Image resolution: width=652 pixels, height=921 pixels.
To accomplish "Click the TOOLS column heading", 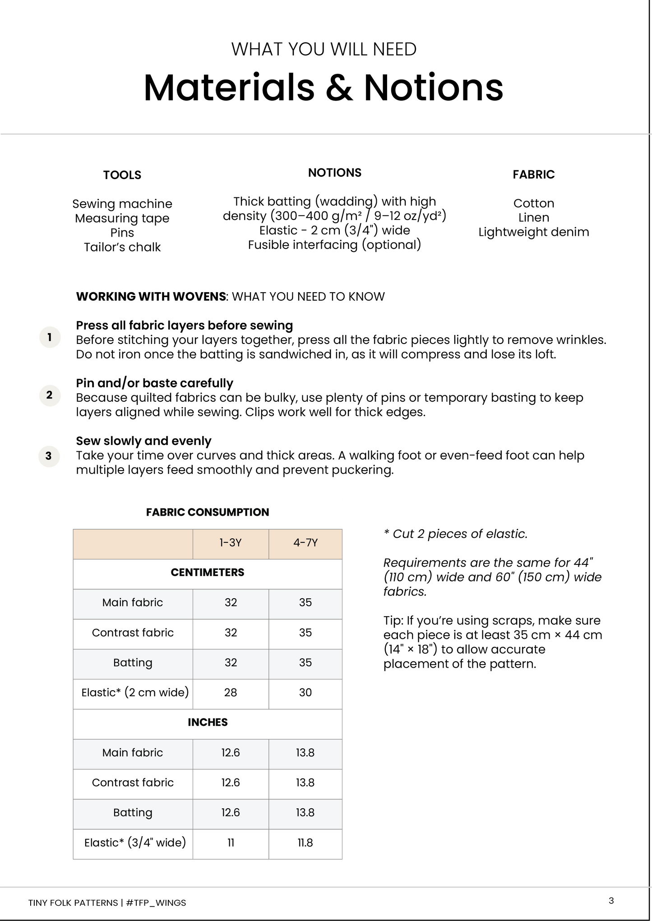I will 122,175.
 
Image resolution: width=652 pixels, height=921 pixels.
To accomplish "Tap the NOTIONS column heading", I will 334,173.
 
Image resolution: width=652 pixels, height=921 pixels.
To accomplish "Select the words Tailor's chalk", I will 122,247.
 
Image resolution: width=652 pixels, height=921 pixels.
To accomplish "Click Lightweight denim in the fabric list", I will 533,232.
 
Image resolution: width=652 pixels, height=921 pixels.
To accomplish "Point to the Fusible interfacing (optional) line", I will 334,245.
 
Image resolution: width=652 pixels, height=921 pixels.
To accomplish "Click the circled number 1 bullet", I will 50,337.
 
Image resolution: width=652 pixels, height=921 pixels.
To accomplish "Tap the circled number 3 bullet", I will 49,456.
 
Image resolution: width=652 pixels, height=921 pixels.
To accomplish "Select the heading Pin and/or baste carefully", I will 154,383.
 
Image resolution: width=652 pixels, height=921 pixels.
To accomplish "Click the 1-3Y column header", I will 231,543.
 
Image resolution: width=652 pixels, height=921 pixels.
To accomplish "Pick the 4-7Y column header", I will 305,543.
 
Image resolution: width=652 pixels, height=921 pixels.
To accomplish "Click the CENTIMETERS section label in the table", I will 208,573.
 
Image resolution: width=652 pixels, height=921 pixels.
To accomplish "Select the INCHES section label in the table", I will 208,722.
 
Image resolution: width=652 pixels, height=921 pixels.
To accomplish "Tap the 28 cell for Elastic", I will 231,692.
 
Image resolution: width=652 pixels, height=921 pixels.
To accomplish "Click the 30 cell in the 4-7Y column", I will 305,692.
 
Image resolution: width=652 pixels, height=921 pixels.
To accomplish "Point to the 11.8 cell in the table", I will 305,843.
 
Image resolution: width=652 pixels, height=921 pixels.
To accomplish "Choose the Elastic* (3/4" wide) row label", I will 135,843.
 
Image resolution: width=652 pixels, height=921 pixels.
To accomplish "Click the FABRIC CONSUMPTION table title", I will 208,512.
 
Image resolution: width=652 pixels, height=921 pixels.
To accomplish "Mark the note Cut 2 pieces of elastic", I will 456,534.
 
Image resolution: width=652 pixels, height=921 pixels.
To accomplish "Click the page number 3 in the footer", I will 611,901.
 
